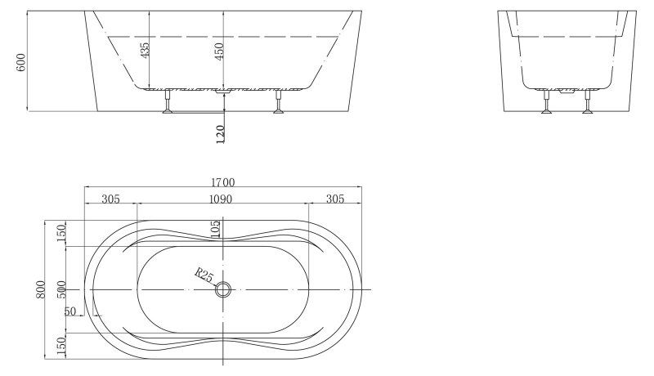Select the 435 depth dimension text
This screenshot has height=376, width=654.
145,51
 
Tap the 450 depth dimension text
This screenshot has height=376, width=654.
218,51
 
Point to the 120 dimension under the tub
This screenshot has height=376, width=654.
220,134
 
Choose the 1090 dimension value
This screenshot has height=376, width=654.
221,199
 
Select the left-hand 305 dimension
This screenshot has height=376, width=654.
111,199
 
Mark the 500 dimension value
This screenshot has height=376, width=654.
60,289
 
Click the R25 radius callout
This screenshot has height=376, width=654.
204,275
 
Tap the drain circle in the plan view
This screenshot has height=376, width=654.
224,289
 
